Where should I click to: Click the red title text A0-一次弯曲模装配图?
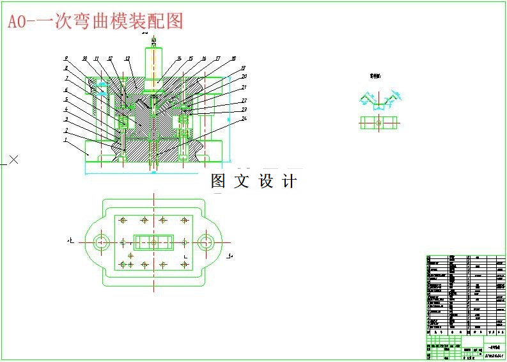point(95,21)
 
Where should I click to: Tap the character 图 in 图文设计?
point(219,182)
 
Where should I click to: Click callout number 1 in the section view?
point(65,139)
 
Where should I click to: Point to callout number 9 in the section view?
point(65,58)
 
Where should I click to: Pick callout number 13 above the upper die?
point(127,58)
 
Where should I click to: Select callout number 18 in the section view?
point(233,58)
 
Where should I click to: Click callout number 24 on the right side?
point(244,118)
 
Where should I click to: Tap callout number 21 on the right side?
point(244,87)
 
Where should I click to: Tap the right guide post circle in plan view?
point(205,242)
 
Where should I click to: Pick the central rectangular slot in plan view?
point(153,242)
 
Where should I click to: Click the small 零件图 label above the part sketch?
point(375,75)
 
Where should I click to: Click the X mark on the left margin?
point(13,159)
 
